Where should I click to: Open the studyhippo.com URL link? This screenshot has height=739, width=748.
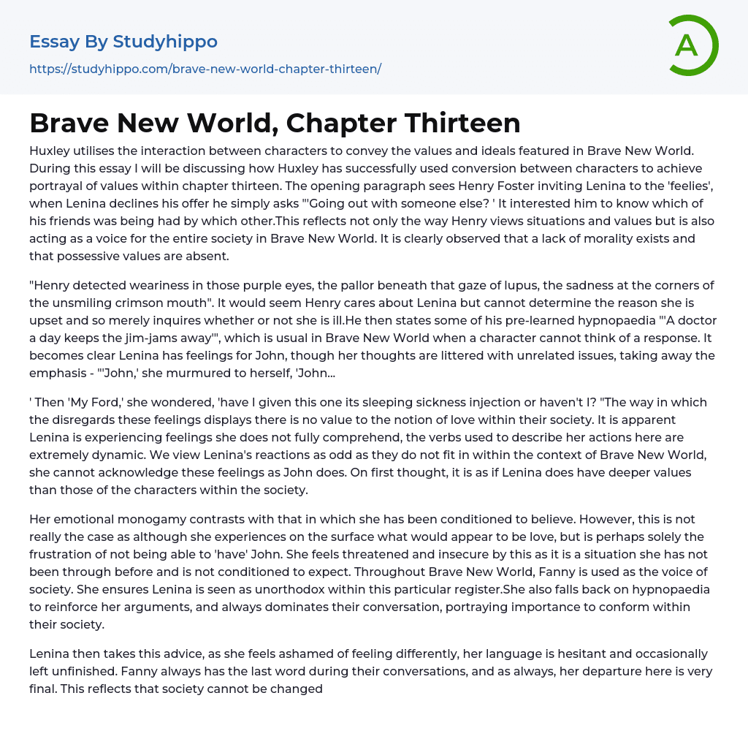tap(205, 69)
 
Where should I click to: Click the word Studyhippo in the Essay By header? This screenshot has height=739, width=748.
tap(165, 42)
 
